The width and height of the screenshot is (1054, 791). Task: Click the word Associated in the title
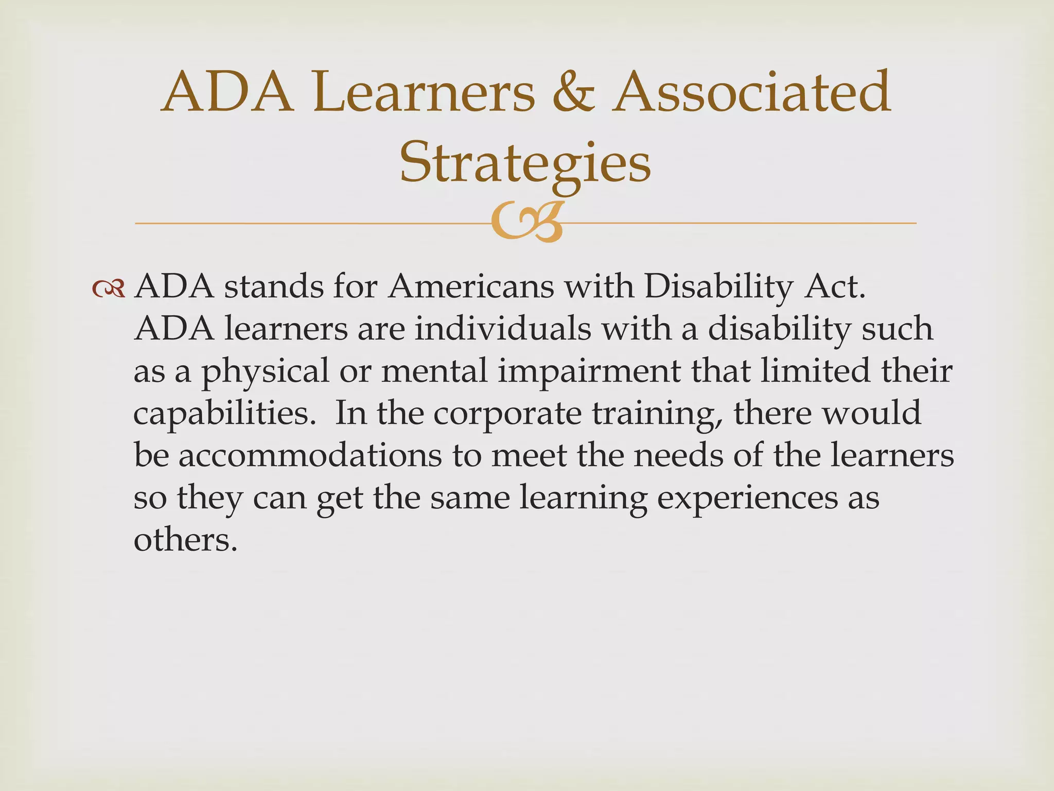point(752,93)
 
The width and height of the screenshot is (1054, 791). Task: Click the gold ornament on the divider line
point(526,223)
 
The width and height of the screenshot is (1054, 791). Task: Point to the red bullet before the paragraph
point(109,289)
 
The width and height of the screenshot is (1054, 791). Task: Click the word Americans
point(471,286)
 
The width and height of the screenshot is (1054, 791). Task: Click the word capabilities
point(224,414)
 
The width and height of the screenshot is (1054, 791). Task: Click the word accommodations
point(310,455)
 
